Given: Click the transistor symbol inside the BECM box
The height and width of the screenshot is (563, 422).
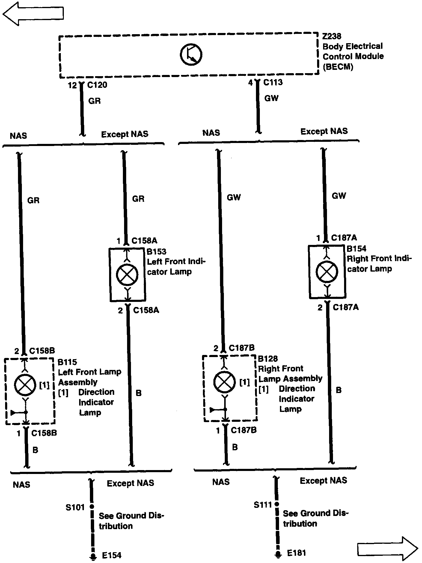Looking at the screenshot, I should [191, 55].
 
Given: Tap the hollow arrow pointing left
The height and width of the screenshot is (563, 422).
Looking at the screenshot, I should [33, 14].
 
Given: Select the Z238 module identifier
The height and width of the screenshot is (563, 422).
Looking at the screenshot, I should [332, 36].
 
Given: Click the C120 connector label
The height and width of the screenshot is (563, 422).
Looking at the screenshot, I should [97, 85].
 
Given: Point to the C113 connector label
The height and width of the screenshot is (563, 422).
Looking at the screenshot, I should [273, 82].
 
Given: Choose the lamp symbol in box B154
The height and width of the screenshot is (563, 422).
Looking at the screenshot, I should [327, 272].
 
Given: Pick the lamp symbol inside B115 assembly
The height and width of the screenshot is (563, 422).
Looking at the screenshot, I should [25, 385].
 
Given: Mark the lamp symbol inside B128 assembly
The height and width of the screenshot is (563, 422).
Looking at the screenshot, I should [224, 382].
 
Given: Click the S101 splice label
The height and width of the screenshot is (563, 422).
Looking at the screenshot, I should [75, 507].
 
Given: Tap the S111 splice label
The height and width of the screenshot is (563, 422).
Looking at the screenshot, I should [263, 505].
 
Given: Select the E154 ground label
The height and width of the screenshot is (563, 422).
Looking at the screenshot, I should [111, 556].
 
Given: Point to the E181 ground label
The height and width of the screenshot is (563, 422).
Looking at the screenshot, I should [296, 553].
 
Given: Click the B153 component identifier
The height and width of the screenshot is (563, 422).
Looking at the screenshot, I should [156, 252].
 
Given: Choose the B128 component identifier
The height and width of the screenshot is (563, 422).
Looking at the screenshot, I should [268, 359].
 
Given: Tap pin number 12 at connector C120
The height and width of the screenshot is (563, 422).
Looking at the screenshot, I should [72, 85].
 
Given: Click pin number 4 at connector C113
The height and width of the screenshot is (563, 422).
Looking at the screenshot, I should [251, 82].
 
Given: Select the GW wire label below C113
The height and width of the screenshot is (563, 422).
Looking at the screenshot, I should [271, 98].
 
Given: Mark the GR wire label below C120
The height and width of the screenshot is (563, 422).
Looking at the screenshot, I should [94, 101].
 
